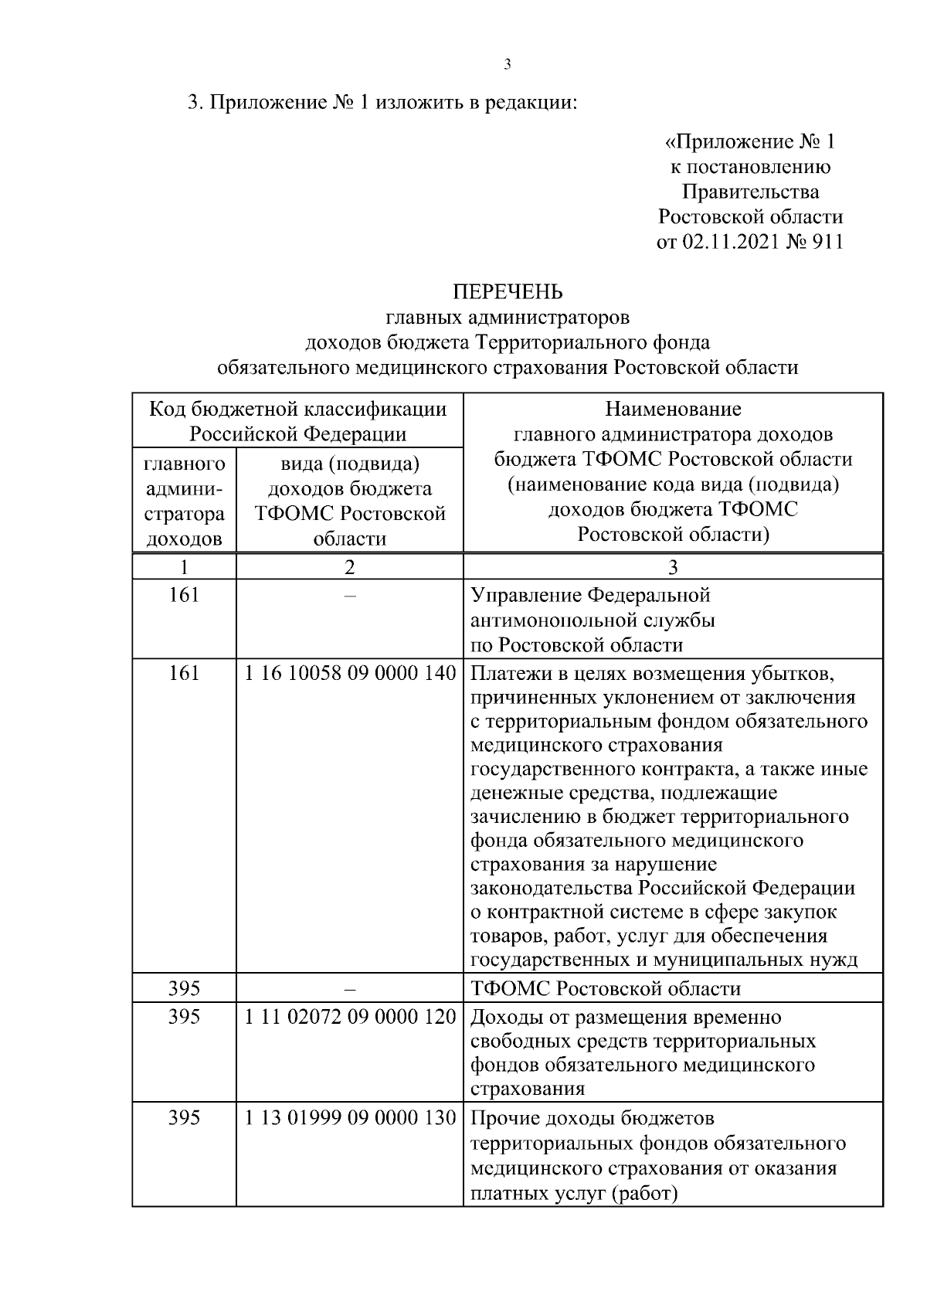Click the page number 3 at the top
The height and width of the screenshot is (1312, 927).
tap(507, 64)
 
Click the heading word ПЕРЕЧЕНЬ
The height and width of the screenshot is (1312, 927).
tap(507, 292)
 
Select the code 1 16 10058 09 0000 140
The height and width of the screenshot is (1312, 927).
tap(350, 673)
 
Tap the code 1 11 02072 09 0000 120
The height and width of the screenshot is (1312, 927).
tap(350, 1017)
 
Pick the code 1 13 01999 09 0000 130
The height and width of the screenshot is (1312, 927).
tap(350, 1117)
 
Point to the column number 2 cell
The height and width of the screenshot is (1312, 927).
tap(349, 567)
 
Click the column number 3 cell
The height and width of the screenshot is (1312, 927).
tap(673, 567)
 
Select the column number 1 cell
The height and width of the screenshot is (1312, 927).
tap(184, 567)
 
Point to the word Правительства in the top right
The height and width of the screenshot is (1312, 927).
tap(749, 192)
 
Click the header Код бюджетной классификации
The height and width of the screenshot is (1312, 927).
tap(297, 409)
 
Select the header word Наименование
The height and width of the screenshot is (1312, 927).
tap(673, 409)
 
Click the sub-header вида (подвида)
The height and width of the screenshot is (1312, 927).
tap(349, 464)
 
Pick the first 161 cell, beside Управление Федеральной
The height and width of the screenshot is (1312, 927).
tap(184, 595)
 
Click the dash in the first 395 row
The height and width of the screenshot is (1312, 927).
tap(349, 989)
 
